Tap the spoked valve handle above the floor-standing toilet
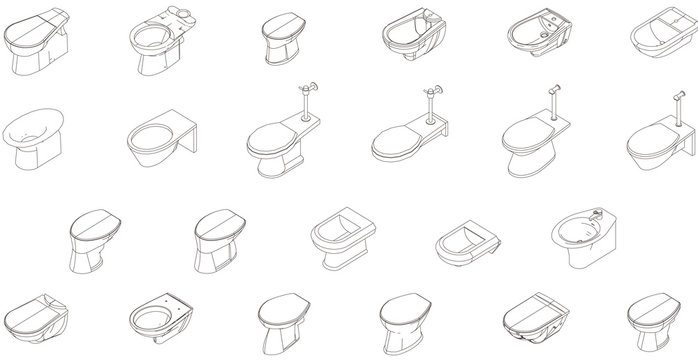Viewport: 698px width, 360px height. pos(309,88)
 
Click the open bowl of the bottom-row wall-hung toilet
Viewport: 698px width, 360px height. pos(159,318)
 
